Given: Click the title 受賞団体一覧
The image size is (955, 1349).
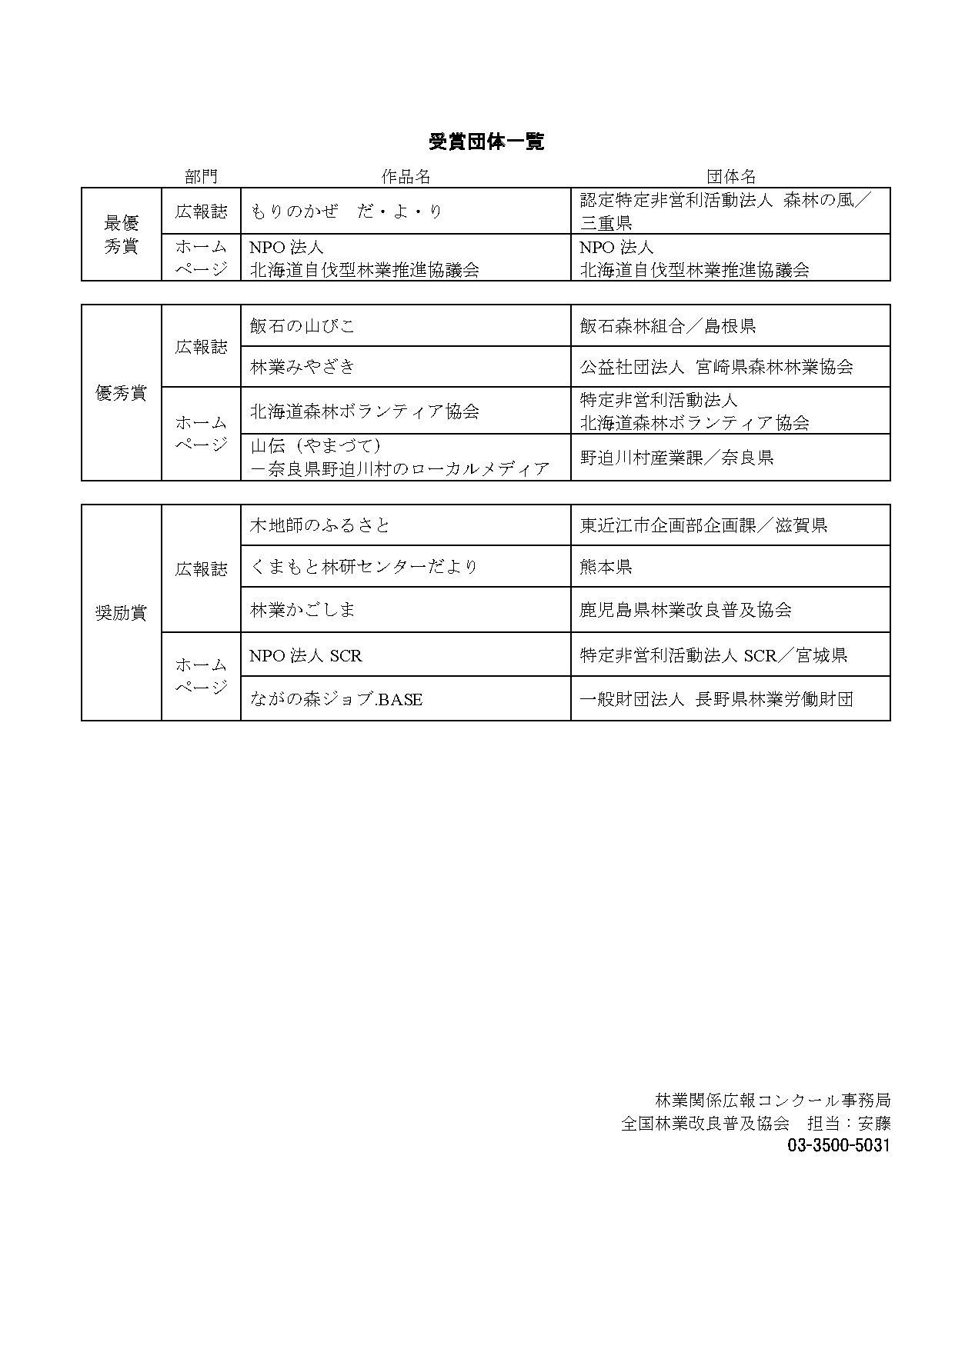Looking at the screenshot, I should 486,142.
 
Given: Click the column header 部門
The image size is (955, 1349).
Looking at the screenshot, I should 201,177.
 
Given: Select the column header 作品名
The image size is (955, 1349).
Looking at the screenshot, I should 406,177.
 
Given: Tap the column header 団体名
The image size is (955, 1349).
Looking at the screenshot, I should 730,177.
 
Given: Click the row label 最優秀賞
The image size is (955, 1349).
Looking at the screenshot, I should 121,235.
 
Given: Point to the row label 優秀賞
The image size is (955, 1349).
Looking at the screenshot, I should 121,393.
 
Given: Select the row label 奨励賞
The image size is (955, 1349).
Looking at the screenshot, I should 121,613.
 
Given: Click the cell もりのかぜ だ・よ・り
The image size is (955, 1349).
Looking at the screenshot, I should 346,212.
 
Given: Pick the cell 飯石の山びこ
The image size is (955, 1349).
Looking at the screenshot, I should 302,326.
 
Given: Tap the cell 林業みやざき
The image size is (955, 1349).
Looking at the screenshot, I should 302,367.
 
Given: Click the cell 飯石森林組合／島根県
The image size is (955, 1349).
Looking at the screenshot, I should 667,326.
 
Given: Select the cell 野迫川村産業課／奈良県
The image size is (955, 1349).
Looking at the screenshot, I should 676,458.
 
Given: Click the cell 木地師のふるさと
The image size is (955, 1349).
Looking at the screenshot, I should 320,525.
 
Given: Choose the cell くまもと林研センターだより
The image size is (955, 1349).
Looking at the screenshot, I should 364,567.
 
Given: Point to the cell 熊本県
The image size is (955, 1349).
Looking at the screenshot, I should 606,567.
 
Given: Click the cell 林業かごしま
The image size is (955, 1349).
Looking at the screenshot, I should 302,610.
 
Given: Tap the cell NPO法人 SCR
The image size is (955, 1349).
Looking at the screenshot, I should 306,655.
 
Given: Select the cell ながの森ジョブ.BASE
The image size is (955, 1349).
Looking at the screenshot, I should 336,699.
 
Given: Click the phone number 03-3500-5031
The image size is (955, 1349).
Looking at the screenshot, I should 838,1145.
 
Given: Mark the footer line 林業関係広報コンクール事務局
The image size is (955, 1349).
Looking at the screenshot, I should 772,1101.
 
